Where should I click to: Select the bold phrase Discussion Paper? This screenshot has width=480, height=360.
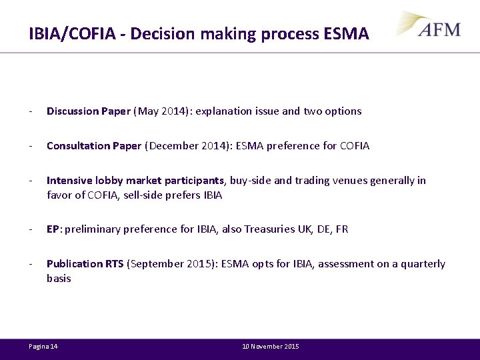click(88, 111)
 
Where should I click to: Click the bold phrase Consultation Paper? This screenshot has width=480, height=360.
click(94, 146)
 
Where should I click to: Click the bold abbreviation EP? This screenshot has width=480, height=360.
click(53, 229)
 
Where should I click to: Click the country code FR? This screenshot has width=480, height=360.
click(342, 229)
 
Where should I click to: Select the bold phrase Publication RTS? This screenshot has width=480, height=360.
click(85, 264)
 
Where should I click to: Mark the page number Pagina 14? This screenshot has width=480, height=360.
click(43, 347)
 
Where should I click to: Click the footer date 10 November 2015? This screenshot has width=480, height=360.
click(271, 347)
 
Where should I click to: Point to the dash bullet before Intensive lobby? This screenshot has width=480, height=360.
click(31, 181)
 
